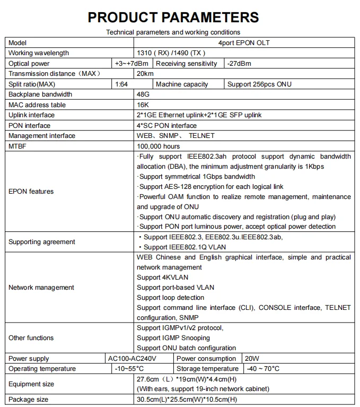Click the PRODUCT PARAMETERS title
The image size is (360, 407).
click(173, 17)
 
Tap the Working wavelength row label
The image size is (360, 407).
click(39, 53)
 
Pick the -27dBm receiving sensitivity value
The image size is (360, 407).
click(239, 64)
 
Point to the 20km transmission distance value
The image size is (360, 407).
click(145, 74)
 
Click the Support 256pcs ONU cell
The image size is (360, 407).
click(259, 84)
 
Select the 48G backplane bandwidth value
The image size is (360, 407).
click(143, 94)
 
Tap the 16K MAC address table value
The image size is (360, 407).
click(143, 105)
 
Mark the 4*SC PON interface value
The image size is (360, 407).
click(166, 126)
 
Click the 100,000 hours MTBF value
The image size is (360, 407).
click(158, 146)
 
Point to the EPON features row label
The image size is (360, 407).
click(31, 192)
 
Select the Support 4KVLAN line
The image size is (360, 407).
click(162, 278)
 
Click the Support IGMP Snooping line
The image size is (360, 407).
click(173, 338)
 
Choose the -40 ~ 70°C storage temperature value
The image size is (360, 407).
click(263, 369)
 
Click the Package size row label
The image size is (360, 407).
click(29, 400)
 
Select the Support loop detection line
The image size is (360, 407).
click(170, 298)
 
